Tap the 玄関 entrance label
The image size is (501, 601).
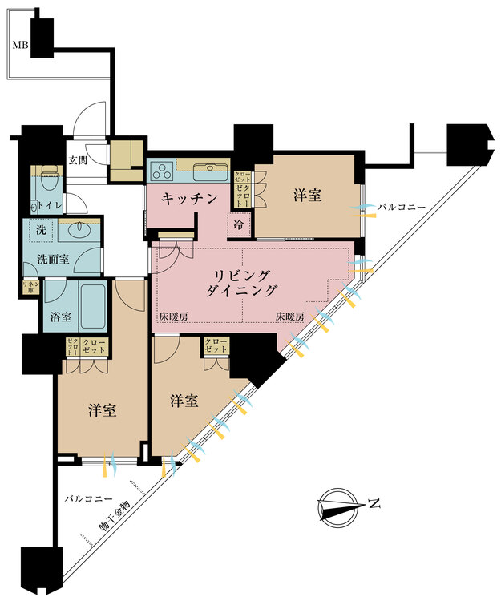click(x=77, y=159)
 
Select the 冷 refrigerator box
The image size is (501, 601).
click(x=239, y=225)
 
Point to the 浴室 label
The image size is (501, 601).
click(x=61, y=317)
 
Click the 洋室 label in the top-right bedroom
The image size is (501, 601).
click(x=308, y=195)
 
